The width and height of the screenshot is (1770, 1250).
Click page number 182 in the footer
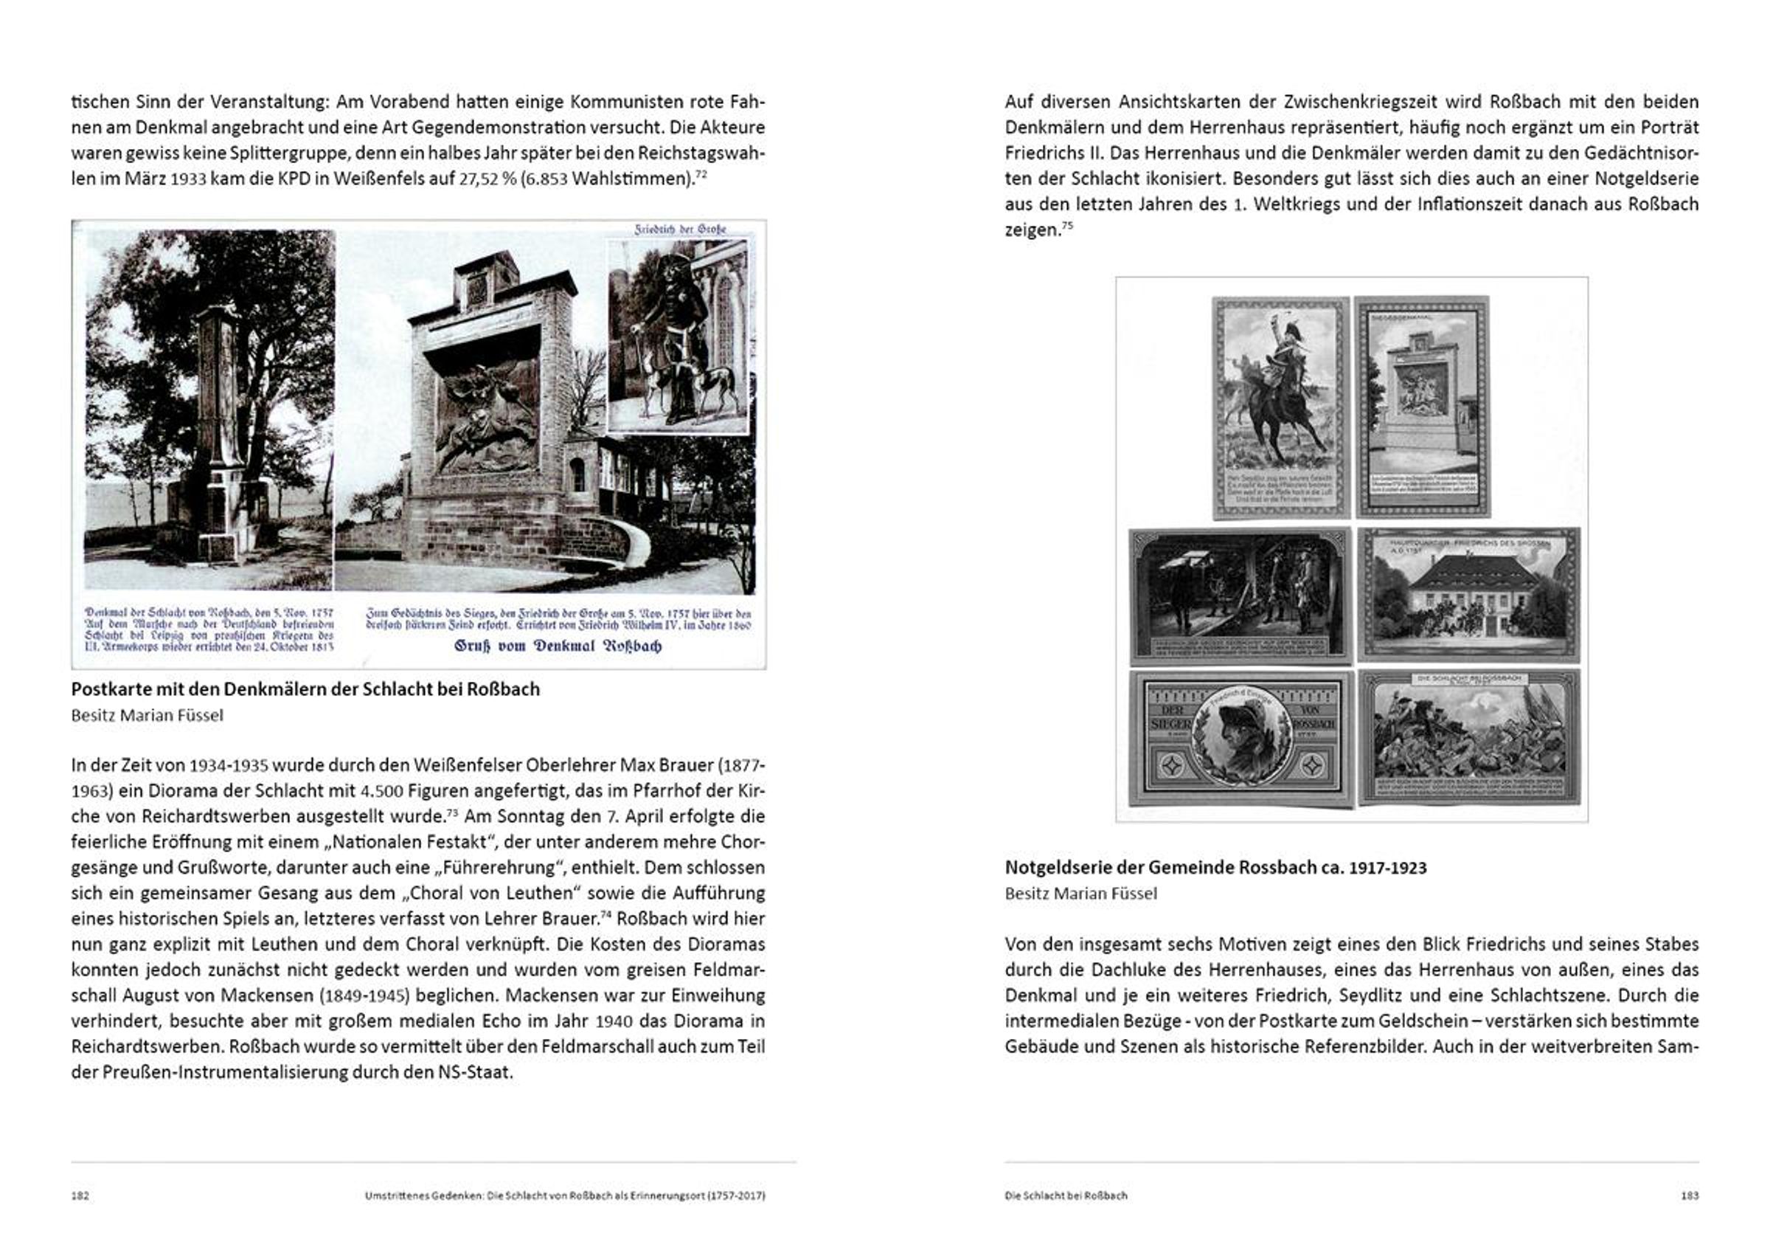click(x=80, y=1195)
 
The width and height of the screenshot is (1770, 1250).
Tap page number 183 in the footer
click(x=1689, y=1195)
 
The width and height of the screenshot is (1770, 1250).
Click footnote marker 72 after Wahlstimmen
click(x=701, y=174)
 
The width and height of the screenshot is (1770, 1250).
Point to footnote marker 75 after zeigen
click(x=1067, y=225)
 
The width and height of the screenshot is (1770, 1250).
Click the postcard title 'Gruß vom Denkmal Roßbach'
click(x=558, y=646)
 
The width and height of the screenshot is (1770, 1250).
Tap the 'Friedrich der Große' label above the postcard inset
click(x=680, y=229)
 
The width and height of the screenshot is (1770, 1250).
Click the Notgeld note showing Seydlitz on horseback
click(x=1280, y=407)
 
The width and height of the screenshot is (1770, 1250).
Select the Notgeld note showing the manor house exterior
click(x=1469, y=595)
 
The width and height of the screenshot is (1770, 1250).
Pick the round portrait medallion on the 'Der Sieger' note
click(x=1241, y=739)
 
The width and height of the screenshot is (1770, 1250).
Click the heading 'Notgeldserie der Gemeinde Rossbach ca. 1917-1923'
click(x=1215, y=868)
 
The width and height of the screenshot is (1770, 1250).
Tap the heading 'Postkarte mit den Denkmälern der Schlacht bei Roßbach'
click(x=305, y=689)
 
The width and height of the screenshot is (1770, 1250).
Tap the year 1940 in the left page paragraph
click(x=614, y=1021)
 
